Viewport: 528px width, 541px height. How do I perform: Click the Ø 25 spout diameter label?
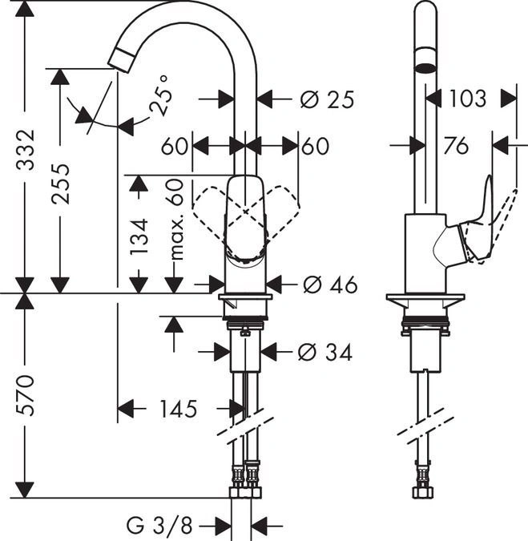[326, 99]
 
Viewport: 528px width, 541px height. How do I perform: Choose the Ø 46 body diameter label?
[326, 285]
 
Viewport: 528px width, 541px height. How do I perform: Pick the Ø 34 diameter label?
[324, 351]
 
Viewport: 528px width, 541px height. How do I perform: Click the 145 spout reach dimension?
[177, 410]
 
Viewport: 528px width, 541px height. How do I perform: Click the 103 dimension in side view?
[467, 98]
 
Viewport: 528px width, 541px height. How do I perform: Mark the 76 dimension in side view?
[456, 146]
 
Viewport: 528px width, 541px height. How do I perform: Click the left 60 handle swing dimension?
[174, 147]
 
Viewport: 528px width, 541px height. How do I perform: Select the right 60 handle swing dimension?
[316, 147]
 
